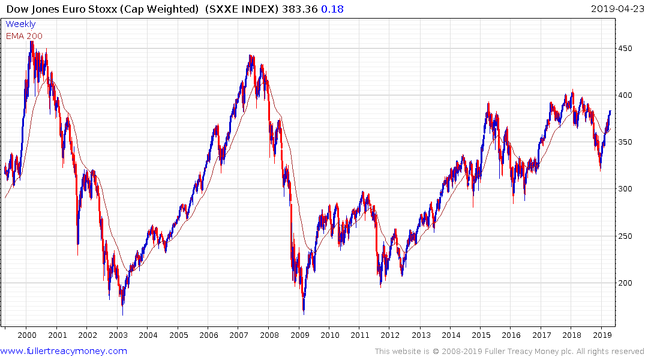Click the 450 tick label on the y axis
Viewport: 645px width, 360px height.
pyautogui.click(x=626, y=49)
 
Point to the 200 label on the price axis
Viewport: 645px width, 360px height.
pyautogui.click(x=626, y=283)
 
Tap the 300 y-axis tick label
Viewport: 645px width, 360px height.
pyautogui.click(x=626, y=189)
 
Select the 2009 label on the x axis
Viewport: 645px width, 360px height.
pyautogui.click(x=299, y=335)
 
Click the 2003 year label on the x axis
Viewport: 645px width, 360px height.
pyautogui.click(x=118, y=335)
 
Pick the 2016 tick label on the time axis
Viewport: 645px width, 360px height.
pyautogui.click(x=511, y=335)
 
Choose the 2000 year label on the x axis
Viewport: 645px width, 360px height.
pyautogui.click(x=26, y=335)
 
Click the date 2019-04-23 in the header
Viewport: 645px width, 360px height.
pyautogui.click(x=616, y=8)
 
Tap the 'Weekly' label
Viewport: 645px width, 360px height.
pyautogui.click(x=20, y=24)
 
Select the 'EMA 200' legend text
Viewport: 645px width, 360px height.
pyautogui.click(x=24, y=36)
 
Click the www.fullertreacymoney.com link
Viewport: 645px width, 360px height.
pyautogui.click(x=64, y=351)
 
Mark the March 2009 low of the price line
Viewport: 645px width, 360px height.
pyautogui.click(x=304, y=313)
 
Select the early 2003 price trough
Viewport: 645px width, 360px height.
pyautogui.click(x=122, y=314)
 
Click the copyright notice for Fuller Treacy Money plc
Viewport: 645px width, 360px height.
pyautogui.click(x=509, y=352)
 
